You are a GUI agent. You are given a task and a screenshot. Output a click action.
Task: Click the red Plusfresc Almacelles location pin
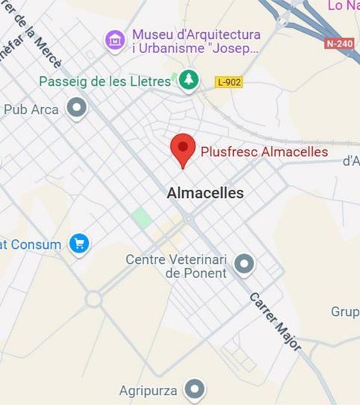tap(183, 149)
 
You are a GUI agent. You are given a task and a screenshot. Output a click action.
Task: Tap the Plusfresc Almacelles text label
tap(264, 152)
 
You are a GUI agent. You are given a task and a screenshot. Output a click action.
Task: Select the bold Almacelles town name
tap(205, 193)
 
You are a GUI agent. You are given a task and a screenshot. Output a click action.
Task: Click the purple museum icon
tap(115, 40)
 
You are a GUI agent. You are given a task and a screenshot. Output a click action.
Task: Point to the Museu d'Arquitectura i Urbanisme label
tap(196, 42)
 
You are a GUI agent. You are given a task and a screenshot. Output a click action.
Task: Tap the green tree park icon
tap(189, 81)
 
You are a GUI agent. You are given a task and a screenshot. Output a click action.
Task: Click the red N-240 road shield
tap(339, 43)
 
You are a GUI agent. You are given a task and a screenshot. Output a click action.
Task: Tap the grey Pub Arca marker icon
tap(76, 109)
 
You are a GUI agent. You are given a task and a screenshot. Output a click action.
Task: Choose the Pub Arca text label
tap(31, 109)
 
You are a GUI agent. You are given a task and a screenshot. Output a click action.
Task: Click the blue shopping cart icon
tap(78, 244)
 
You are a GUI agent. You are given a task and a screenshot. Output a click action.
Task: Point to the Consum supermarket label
tap(31, 244)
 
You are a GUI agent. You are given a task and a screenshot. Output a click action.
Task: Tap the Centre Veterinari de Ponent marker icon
tap(243, 263)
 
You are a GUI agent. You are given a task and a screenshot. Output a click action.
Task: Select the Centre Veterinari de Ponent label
tap(176, 266)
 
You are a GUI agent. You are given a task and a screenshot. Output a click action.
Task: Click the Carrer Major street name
tap(275, 321)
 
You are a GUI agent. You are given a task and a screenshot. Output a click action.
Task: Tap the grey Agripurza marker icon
tap(195, 389)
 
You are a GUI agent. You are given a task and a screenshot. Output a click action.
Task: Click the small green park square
tap(140, 217)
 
